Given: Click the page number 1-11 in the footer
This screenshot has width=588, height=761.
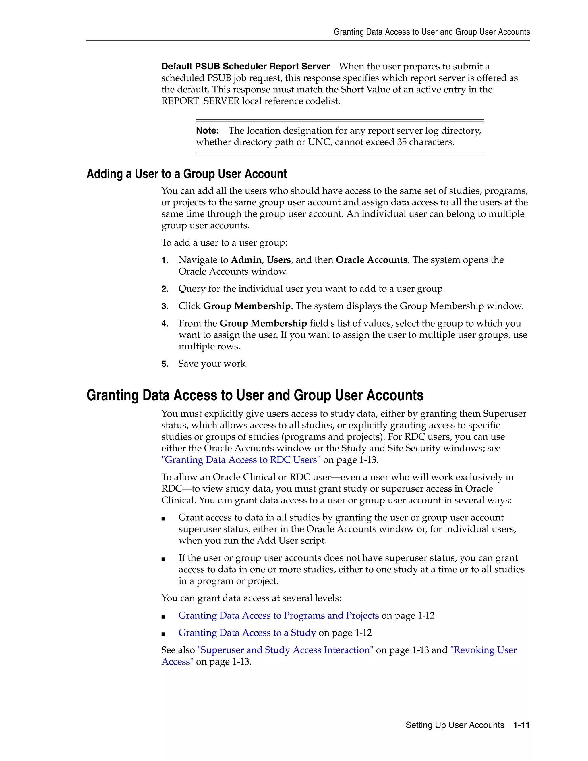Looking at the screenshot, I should click(x=521, y=725).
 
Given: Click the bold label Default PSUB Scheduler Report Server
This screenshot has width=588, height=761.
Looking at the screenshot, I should click(x=245, y=67).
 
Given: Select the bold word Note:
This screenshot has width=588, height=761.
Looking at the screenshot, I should click(x=207, y=131).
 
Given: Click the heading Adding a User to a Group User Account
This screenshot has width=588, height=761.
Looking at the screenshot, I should click(x=186, y=174).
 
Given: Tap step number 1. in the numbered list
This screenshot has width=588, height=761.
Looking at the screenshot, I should click(x=165, y=260).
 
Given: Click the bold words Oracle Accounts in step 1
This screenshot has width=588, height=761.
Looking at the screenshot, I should click(x=371, y=260).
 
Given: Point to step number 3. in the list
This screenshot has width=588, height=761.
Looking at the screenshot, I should click(x=165, y=306).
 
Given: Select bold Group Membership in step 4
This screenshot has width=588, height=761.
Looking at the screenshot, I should click(x=263, y=323).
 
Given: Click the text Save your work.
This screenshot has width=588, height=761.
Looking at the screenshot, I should click(x=213, y=364).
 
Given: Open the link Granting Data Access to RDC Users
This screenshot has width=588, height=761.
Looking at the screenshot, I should click(x=241, y=460).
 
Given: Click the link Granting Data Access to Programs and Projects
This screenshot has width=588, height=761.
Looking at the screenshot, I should click(x=278, y=615).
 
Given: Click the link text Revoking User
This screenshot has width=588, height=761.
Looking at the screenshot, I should click(x=483, y=650).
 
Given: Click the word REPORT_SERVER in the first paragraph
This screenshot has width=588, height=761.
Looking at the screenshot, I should click(x=200, y=101).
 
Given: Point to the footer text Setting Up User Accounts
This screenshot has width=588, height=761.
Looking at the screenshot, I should click(x=454, y=725).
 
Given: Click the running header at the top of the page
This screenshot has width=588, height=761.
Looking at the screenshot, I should click(x=432, y=32).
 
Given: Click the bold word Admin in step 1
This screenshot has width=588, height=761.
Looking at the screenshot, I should click(x=246, y=260).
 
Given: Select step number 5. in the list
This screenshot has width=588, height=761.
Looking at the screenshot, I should click(x=165, y=364).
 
